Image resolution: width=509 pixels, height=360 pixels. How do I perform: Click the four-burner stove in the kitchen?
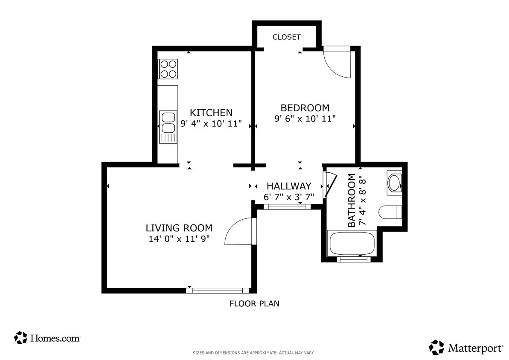click(168, 69)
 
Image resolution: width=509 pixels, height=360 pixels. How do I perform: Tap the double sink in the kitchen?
click(168, 127)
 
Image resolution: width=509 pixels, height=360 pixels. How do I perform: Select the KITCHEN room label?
click(211, 113)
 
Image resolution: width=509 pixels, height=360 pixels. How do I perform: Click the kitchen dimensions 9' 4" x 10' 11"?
click(211, 124)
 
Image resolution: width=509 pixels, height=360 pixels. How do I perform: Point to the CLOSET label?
click(286, 37)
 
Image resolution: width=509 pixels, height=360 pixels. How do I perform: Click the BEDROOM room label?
click(305, 107)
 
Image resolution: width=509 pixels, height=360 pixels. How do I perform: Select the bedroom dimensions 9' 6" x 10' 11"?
click(305, 119)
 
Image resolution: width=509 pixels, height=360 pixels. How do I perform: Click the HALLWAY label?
click(288, 186)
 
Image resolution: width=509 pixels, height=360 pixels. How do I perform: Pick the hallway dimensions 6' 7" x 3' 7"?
click(288, 197)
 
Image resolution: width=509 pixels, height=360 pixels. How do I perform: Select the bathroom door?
click(329, 185)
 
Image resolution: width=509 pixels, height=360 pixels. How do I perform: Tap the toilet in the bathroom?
click(390, 212)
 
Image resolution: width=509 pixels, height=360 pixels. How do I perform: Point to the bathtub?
click(352, 243)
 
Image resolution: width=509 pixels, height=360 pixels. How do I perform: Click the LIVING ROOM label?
click(179, 228)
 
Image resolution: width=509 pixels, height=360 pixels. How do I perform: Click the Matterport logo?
click(466, 347)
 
